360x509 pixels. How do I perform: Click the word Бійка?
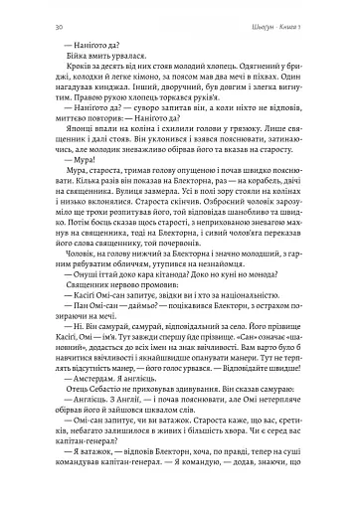pyautogui.click(x=59, y=56)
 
